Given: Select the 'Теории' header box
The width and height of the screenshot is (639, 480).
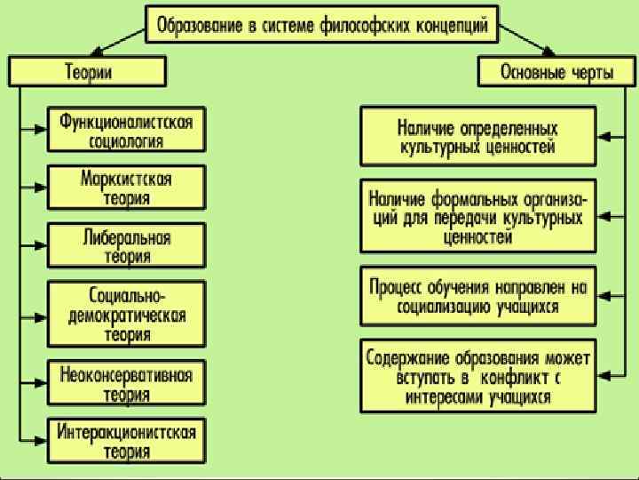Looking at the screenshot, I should pyautogui.click(x=88, y=72).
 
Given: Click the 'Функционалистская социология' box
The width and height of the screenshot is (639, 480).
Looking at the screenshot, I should pyautogui.click(x=126, y=130).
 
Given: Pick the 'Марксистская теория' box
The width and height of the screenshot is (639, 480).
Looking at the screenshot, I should pyautogui.click(x=126, y=188).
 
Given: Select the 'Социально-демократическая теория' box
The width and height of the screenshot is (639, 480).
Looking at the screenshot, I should pyautogui.click(x=126, y=314).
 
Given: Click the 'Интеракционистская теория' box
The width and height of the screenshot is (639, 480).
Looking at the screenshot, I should pyautogui.click(x=126, y=440).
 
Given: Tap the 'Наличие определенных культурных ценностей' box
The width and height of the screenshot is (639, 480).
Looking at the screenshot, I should pyautogui.click(x=477, y=136).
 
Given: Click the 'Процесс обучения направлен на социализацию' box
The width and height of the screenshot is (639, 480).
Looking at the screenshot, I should pyautogui.click(x=477, y=296).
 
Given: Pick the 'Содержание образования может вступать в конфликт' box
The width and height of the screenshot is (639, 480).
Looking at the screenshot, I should pyautogui.click(x=477, y=376).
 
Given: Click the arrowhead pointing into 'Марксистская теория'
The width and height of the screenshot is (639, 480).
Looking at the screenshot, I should pyautogui.click(x=42, y=188).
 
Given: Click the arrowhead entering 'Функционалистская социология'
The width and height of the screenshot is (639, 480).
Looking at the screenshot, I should pyautogui.click(x=42, y=130).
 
